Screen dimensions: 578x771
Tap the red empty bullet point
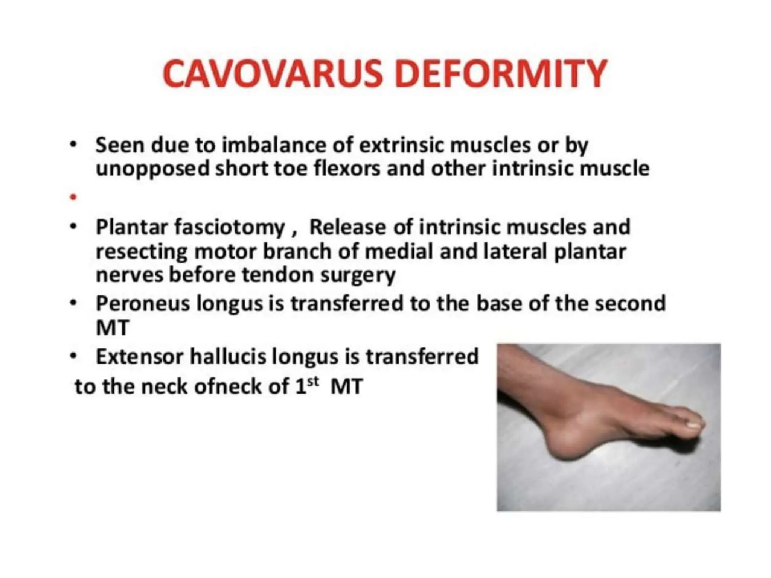(x=73, y=197)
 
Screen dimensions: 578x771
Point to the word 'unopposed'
(x=152, y=169)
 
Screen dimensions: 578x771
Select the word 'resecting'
(x=142, y=252)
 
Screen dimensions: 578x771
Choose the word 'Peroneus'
(x=143, y=303)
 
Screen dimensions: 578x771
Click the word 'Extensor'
(x=140, y=356)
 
